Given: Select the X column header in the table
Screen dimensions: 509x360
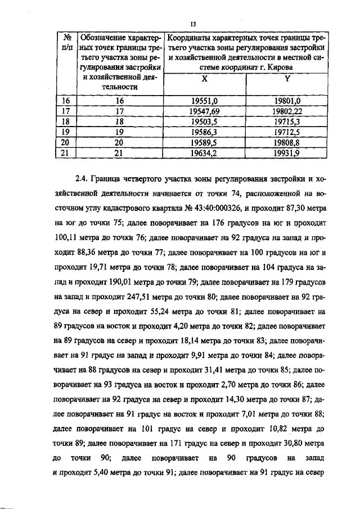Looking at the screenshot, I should [x=204, y=79].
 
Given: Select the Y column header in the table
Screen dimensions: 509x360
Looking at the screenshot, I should [x=287, y=79].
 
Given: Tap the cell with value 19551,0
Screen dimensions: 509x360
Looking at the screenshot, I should [x=204, y=101].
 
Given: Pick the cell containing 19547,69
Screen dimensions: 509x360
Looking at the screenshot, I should [x=204, y=111].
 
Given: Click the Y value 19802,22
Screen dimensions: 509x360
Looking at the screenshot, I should [x=287, y=111].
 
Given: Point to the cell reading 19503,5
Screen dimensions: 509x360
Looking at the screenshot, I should [x=204, y=121].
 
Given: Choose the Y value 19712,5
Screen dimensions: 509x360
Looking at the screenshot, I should [x=287, y=132].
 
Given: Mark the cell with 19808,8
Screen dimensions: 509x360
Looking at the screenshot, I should [x=287, y=143].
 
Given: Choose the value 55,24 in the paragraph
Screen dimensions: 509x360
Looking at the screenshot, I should [x=151, y=309].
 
